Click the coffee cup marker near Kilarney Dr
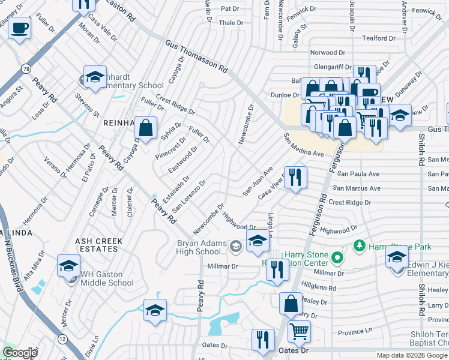20,28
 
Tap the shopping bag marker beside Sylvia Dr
145,127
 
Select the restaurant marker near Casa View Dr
295,177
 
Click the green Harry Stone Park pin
360,245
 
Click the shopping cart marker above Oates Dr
298,330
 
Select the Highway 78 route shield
26,70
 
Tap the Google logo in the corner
20,353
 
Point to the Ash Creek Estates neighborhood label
98,245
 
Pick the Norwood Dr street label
328,53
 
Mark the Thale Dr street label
231,23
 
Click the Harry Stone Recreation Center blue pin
337,259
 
